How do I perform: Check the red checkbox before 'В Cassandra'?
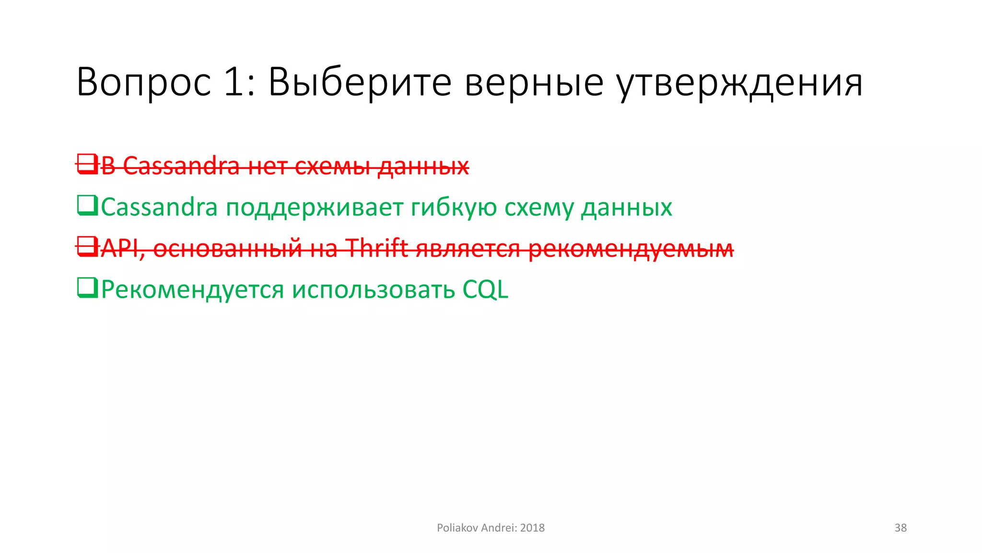coord(87,164)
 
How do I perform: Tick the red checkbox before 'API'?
coord(87,247)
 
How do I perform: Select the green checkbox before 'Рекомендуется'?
coord(87,288)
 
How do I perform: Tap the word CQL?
coord(485,290)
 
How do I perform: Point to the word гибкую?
coord(454,207)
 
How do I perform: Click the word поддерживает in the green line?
coord(315,207)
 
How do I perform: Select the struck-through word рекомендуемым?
coord(631,249)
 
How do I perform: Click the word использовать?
coord(373,290)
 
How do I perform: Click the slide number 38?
coord(900,528)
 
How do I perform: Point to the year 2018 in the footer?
coord(532,528)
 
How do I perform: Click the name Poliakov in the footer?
coord(457,528)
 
